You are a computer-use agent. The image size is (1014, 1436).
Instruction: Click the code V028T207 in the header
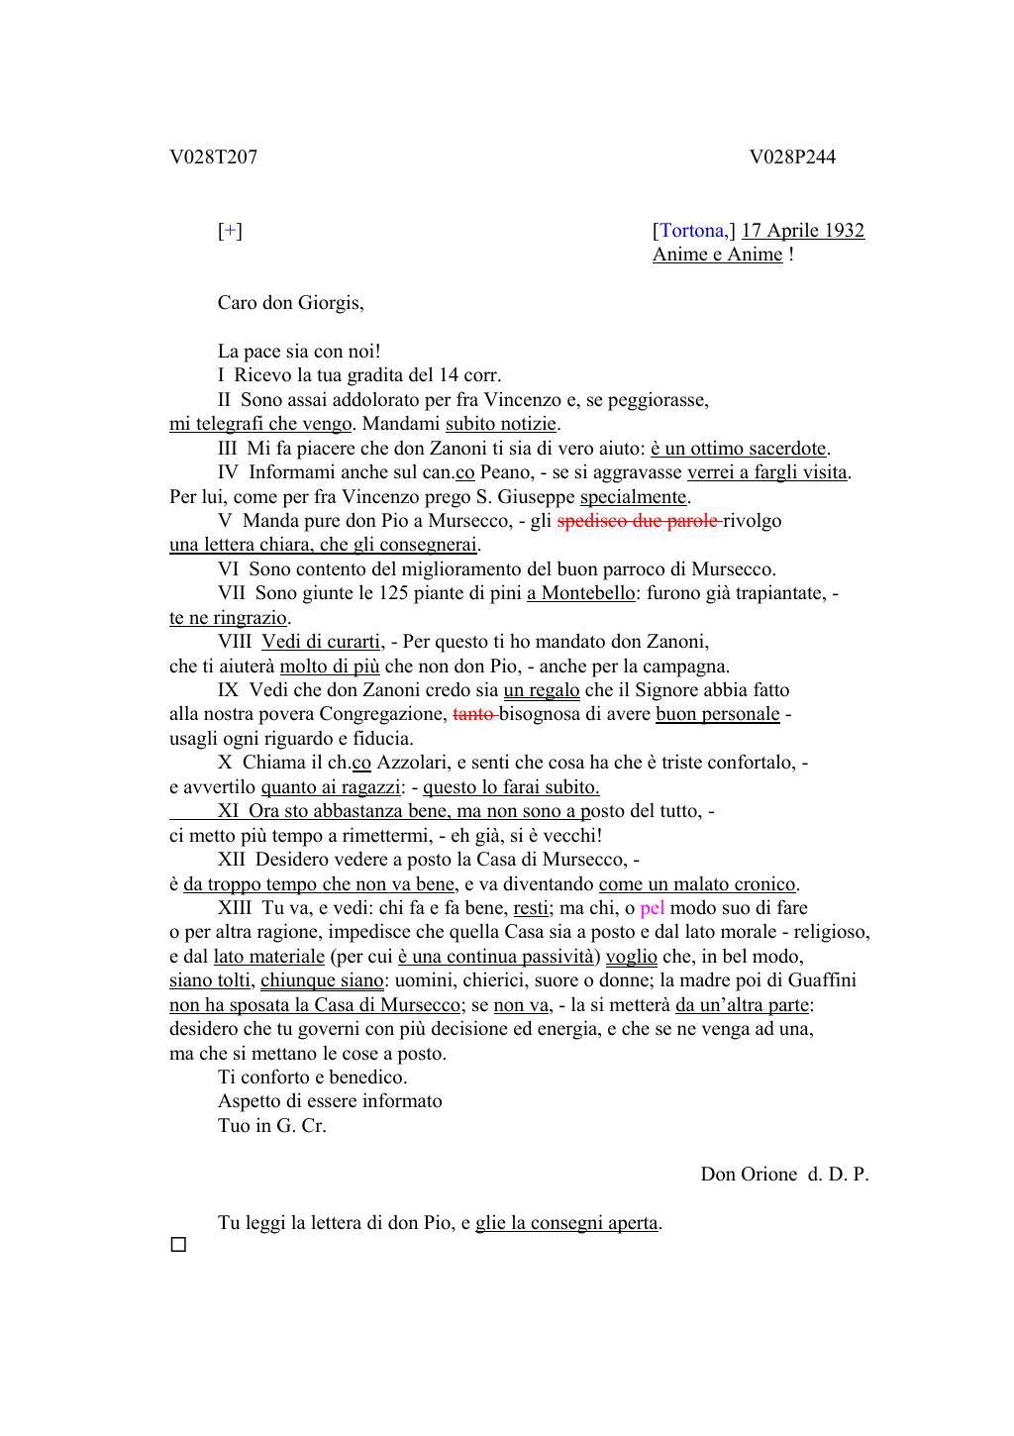pyautogui.click(x=213, y=157)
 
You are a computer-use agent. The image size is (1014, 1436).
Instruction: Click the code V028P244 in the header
pyautogui.click(x=792, y=157)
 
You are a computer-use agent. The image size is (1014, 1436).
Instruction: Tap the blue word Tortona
pyautogui.click(x=692, y=231)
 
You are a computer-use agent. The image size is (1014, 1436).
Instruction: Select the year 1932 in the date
pyautogui.click(x=843, y=231)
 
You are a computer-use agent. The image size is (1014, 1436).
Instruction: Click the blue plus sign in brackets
pyautogui.click(x=230, y=231)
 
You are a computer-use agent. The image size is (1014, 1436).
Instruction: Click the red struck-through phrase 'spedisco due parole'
pyautogui.click(x=639, y=521)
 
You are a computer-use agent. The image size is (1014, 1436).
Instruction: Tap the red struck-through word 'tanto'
pyautogui.click(x=473, y=714)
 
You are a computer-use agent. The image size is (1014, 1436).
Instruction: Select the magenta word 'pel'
pyautogui.click(x=652, y=908)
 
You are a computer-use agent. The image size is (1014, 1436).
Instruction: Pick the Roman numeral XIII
pyautogui.click(x=236, y=908)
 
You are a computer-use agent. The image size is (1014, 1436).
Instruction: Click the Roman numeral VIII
pyautogui.click(x=235, y=642)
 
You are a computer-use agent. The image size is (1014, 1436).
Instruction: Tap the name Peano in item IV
pyautogui.click(x=505, y=472)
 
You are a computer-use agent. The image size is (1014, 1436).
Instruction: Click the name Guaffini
pyautogui.click(x=822, y=980)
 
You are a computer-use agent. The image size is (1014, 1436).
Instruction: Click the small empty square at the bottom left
pyautogui.click(x=178, y=1245)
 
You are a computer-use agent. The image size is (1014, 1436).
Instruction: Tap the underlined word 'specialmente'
pyautogui.click(x=633, y=497)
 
